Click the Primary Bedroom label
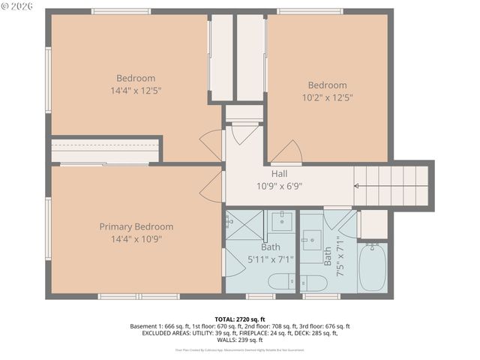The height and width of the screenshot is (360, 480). pyautogui.click(x=136, y=226)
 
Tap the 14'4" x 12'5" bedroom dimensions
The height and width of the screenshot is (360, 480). pyautogui.click(x=136, y=91)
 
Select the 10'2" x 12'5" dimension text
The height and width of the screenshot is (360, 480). pyautogui.click(x=327, y=97)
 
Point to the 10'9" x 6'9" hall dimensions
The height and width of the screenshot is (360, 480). pyautogui.click(x=279, y=187)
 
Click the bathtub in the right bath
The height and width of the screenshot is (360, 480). pyautogui.click(x=372, y=268)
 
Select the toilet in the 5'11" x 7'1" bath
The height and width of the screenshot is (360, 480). pyautogui.click(x=281, y=283)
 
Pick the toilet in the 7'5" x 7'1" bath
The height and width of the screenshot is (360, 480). pyautogui.click(x=313, y=283)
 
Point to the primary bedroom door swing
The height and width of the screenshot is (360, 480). pyautogui.click(x=212, y=187)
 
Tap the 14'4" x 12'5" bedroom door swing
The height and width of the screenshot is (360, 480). pyautogui.click(x=213, y=143)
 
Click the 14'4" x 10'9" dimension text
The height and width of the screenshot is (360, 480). pyautogui.click(x=136, y=239)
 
